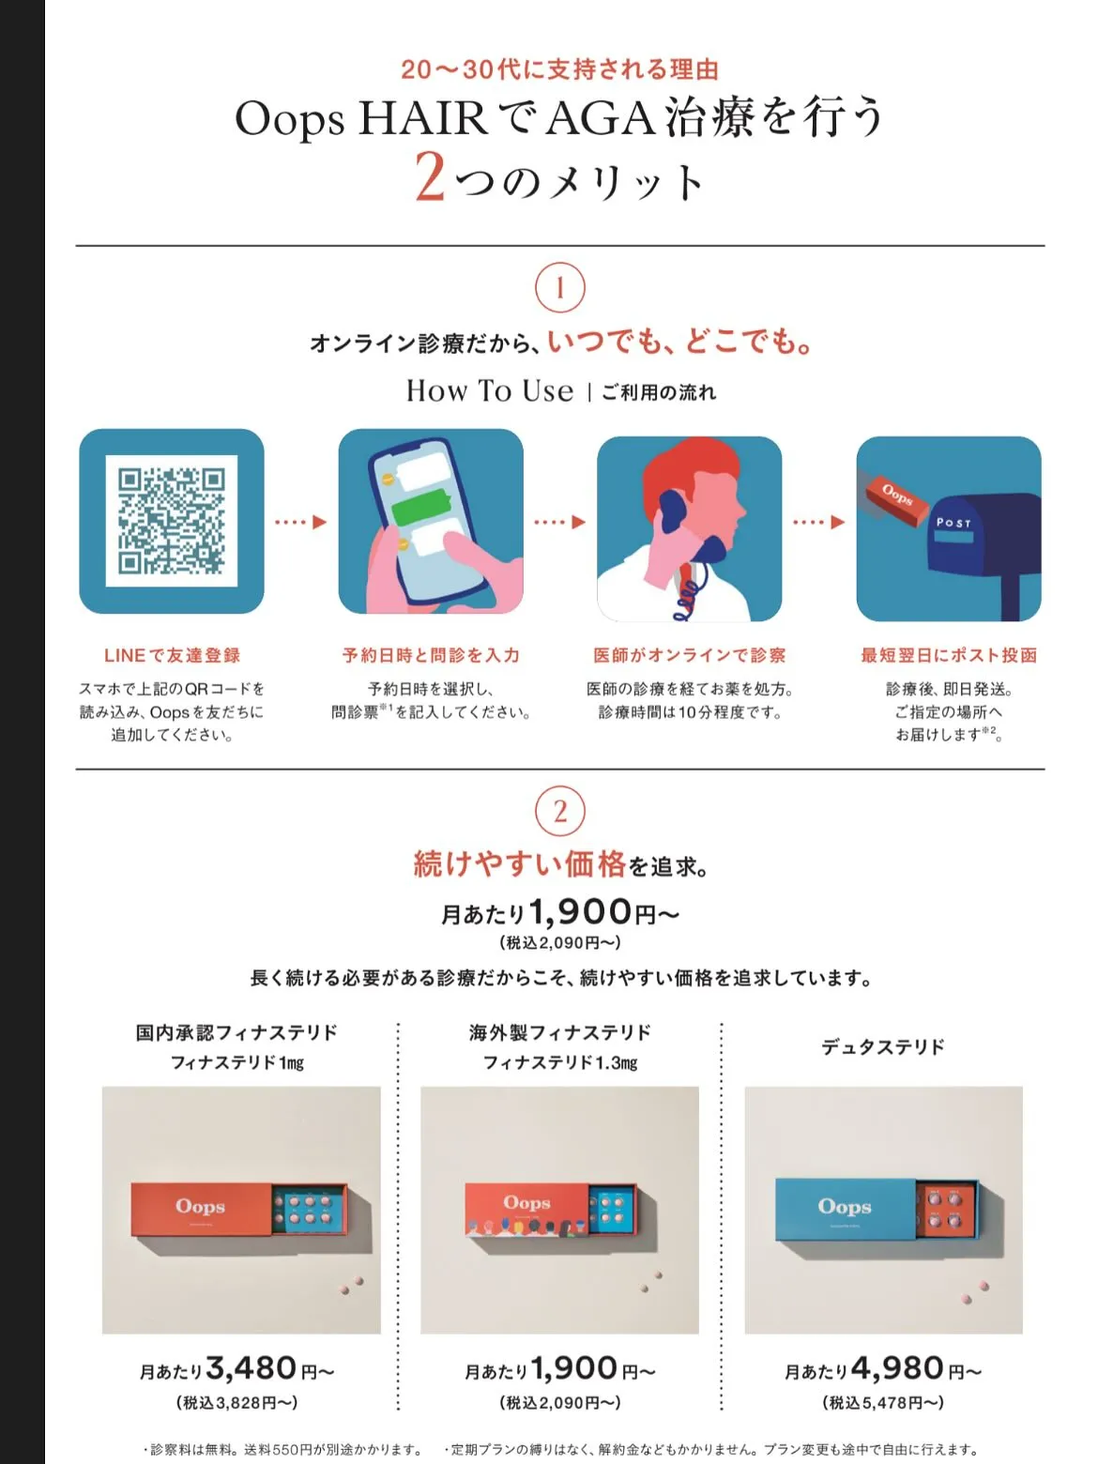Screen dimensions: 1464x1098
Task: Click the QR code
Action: point(172,521)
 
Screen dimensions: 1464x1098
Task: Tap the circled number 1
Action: point(559,288)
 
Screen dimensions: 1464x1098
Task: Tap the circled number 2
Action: point(559,812)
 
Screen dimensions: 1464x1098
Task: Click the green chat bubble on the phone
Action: point(419,511)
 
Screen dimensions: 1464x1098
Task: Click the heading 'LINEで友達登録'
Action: point(172,656)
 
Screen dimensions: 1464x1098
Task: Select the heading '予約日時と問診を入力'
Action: point(431,656)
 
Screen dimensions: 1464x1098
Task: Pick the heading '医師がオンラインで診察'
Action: point(690,656)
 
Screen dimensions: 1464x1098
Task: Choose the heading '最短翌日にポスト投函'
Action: point(949,656)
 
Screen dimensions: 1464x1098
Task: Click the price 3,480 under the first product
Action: point(252,1368)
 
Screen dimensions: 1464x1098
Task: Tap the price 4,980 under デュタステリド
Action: point(896,1368)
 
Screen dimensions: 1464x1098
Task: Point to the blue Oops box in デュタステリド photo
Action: point(845,1209)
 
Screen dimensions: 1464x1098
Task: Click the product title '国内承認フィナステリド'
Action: point(236,1033)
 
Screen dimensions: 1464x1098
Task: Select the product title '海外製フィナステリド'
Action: point(560,1033)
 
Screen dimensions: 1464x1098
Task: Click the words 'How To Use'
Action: point(489,390)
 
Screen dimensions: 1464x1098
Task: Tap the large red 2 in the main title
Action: point(430,176)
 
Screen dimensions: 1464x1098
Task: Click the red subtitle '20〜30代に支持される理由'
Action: point(559,69)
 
